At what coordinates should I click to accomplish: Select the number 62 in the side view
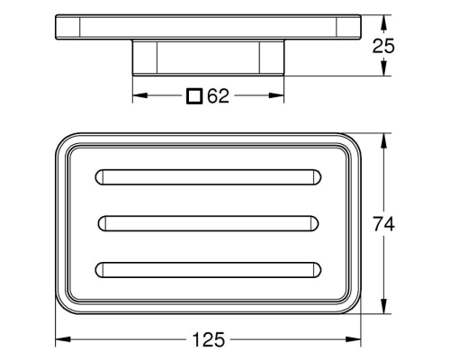point(219,96)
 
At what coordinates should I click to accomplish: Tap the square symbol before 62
point(194,96)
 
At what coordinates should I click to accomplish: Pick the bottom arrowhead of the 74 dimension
point(386,308)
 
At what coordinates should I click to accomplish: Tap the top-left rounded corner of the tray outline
point(65,143)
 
